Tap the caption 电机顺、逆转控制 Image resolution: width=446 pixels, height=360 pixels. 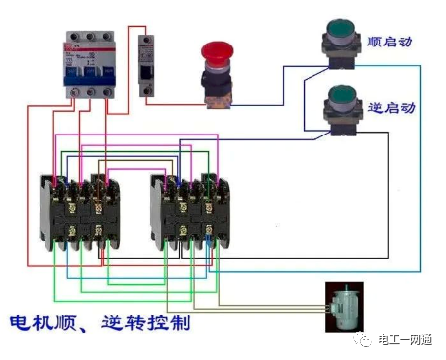pos(100,323)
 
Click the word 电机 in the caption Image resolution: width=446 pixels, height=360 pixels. pos(29,323)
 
